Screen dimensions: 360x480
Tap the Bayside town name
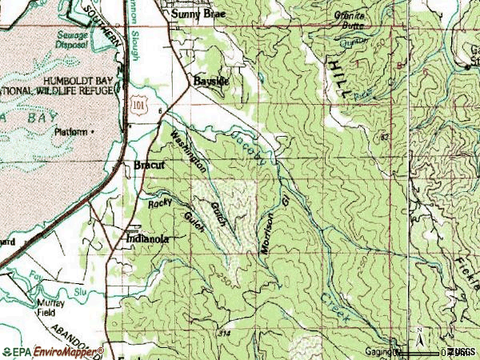(x=211, y=82)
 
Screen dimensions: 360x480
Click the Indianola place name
(x=146, y=238)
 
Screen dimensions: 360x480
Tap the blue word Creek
(x=336, y=309)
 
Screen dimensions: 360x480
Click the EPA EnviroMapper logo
(x=53, y=350)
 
